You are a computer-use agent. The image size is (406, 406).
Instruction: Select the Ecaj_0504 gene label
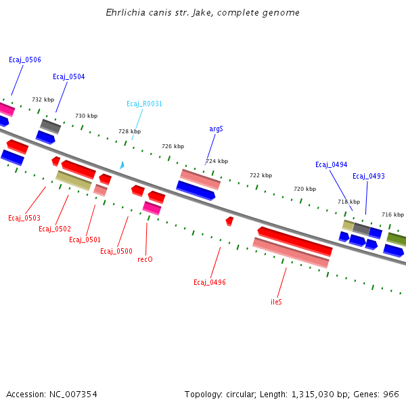coord(69,77)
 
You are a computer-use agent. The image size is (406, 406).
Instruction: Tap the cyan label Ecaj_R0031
coord(145,104)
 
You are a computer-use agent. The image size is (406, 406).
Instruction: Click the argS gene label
coord(216,129)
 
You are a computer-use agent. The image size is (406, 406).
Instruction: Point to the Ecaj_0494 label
coord(332,165)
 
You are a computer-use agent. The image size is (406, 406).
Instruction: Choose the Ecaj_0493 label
coord(369,177)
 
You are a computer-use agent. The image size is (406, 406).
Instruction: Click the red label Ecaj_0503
coord(24,219)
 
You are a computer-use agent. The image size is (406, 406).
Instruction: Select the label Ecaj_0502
coord(55,229)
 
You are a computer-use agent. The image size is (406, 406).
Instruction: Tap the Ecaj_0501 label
coord(85,240)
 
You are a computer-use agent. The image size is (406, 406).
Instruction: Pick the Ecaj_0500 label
coord(116,252)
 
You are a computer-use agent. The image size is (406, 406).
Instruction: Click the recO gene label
coord(145,260)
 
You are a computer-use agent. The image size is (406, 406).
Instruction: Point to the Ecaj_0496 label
coord(210,283)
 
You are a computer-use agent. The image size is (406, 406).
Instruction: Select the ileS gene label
coord(276,302)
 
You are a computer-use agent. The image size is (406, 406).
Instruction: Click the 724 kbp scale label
coord(217,162)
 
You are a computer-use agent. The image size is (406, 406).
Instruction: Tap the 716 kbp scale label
coord(392,215)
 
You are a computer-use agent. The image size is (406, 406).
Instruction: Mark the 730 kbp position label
coord(86,116)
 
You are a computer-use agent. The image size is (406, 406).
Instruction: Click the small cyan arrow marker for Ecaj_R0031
coord(122,165)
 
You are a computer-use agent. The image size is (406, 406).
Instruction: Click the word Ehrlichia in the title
coord(124,13)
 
